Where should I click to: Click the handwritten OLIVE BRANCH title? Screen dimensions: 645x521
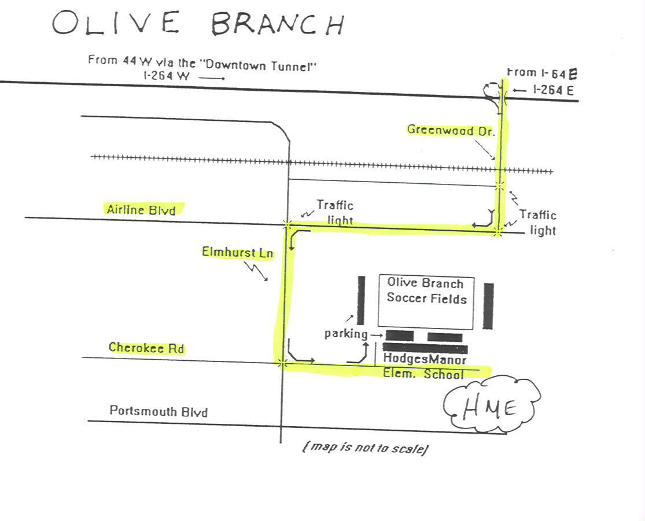[x=198, y=23]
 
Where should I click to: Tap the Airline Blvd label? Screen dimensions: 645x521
[x=141, y=210]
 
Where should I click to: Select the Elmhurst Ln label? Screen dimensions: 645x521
[x=237, y=252]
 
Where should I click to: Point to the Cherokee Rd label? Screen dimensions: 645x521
[x=146, y=348]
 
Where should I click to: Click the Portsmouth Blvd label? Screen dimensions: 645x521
[x=159, y=411]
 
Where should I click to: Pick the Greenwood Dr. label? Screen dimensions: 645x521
[x=451, y=130]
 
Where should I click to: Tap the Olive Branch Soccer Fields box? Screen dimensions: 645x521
[x=426, y=302]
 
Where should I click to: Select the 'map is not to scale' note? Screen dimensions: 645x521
[x=365, y=447]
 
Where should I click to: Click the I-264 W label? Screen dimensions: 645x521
[x=167, y=76]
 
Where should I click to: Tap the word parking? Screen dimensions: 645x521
[x=345, y=334]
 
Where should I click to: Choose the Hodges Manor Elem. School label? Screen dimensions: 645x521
[x=425, y=366]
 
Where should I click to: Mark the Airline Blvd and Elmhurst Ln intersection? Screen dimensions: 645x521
[x=288, y=224]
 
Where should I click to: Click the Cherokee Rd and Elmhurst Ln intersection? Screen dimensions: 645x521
[x=282, y=363]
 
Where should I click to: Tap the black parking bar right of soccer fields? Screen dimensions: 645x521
[x=488, y=306]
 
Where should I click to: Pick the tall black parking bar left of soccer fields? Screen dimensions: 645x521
[x=361, y=300]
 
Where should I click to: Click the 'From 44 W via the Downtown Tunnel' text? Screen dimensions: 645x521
[x=202, y=63]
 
